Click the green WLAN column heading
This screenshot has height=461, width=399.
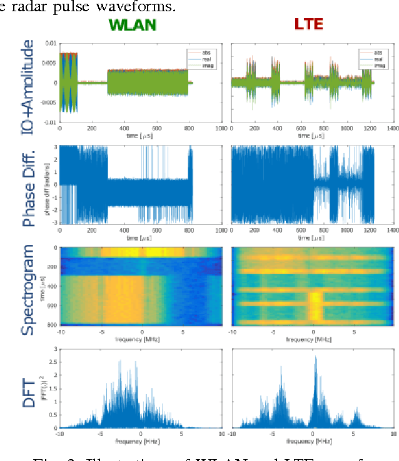point(131,25)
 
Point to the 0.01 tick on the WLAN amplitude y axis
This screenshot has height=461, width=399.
point(51,43)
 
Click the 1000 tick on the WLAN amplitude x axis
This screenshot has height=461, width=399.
point(221,128)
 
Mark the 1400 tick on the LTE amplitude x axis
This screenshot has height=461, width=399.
point(393,128)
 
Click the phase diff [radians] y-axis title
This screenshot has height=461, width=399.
point(47,185)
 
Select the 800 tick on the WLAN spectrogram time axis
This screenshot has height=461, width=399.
point(53,325)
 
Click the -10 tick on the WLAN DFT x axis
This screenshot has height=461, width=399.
point(59,434)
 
